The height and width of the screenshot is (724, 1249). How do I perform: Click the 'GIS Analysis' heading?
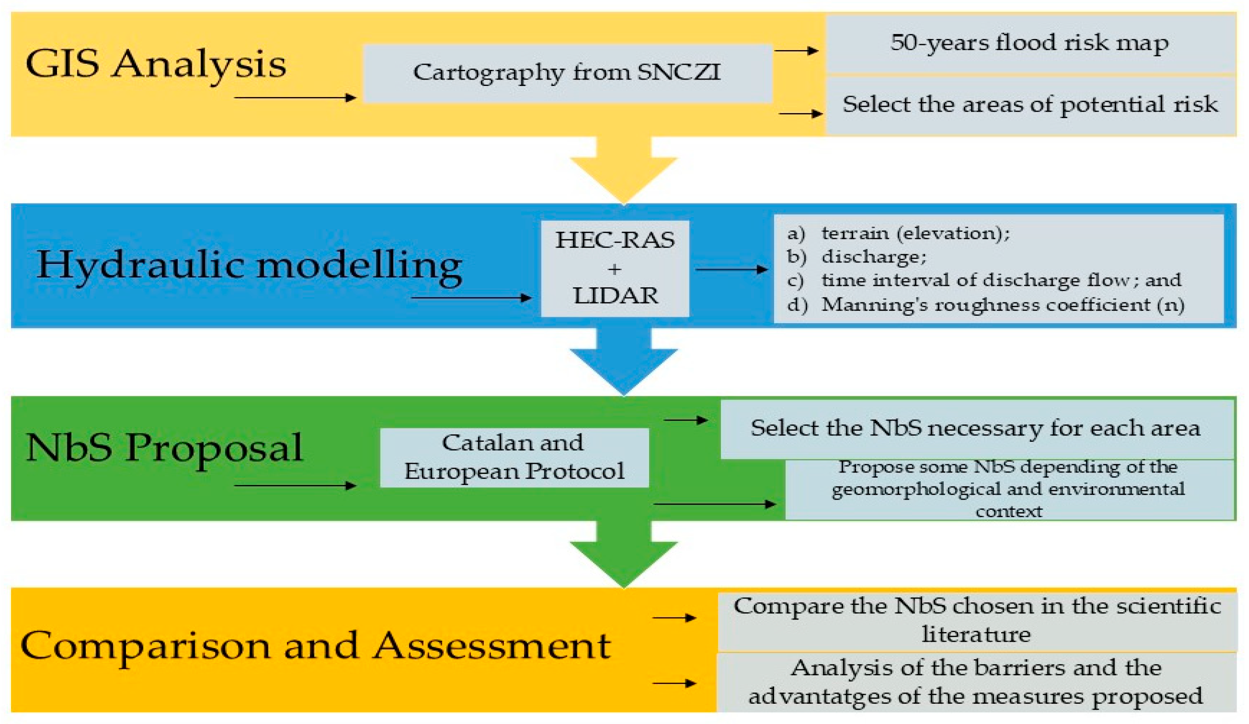(x=156, y=64)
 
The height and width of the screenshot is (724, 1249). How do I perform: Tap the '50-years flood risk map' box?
(x=1029, y=44)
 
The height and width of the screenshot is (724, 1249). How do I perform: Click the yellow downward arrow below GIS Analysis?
(x=623, y=171)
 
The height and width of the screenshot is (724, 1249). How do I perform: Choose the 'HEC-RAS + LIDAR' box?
(x=615, y=268)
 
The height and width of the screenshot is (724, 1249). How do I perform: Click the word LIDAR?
(x=616, y=296)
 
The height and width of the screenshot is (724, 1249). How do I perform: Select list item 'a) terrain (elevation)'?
(x=914, y=233)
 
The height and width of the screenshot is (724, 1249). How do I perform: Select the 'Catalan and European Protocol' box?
(x=514, y=457)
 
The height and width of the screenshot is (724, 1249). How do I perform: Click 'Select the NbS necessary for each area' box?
(x=975, y=428)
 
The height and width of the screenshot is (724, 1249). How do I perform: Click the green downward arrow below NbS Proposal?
(x=623, y=555)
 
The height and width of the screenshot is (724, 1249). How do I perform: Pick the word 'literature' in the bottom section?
(x=975, y=635)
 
